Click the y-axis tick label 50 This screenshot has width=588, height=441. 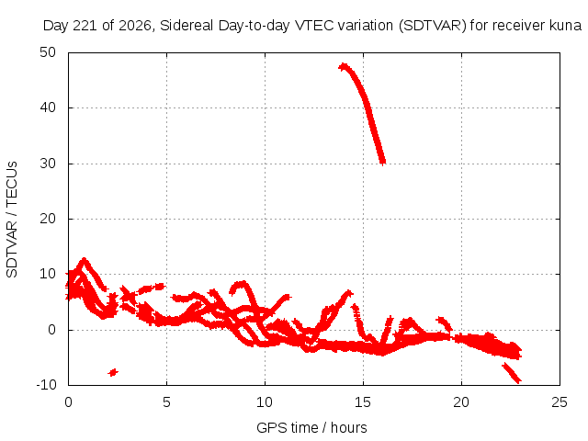[x=48, y=52]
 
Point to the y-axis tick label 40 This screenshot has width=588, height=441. [x=48, y=107]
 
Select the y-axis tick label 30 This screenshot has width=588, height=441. [x=48, y=164]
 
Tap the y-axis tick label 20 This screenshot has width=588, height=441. [x=48, y=219]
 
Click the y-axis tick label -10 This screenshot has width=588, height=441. [x=46, y=385]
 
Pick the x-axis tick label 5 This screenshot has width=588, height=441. [x=166, y=402]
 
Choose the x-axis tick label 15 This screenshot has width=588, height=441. [x=363, y=402]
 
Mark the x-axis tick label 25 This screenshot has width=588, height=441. [x=560, y=402]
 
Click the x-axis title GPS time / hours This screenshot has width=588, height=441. [x=311, y=427]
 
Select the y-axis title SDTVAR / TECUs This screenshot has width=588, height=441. [x=12, y=220]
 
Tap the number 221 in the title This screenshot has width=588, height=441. [x=85, y=26]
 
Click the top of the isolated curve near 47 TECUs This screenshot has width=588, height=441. [x=343, y=67]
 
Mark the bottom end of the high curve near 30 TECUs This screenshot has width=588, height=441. [x=382, y=163]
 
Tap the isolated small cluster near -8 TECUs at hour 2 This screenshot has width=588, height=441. [x=113, y=372]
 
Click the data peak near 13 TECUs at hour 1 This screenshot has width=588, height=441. [x=84, y=260]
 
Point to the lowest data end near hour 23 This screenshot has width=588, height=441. [x=518, y=381]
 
